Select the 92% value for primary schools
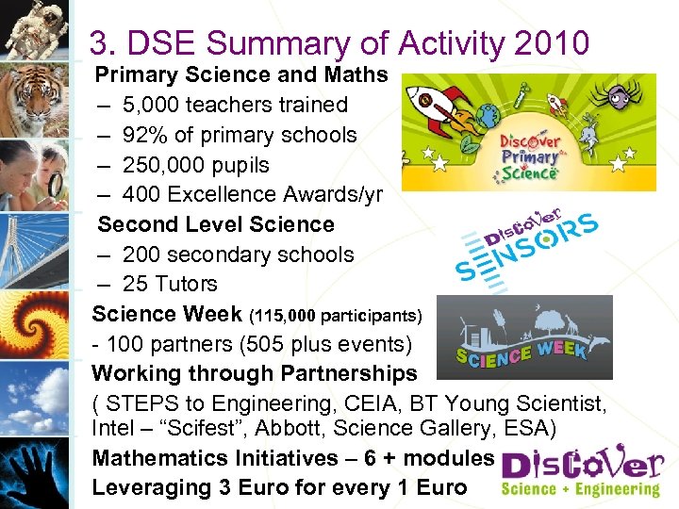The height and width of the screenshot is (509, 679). [145, 135]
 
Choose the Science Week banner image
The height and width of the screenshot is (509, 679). [524, 337]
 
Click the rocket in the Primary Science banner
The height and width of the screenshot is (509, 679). [436, 105]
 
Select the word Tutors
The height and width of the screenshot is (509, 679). [187, 284]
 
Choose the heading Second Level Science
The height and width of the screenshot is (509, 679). [216, 224]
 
